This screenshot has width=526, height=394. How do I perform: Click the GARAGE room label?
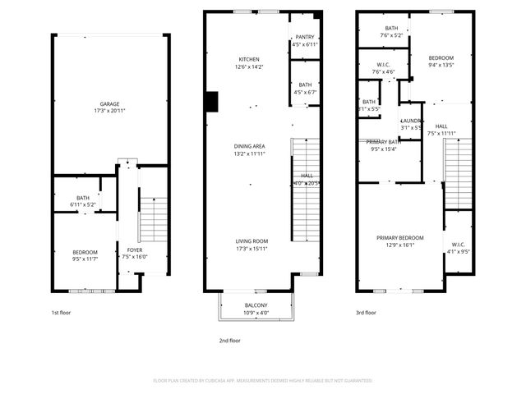110,103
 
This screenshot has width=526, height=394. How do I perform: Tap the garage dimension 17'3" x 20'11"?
110,110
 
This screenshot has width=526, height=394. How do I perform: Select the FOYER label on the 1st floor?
134,250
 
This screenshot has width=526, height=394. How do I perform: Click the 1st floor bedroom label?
85,252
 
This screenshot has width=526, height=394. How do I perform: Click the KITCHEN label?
249,60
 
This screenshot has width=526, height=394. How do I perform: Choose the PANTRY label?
304,38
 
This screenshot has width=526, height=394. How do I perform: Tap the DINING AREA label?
249,146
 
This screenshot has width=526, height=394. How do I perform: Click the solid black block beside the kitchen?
211,101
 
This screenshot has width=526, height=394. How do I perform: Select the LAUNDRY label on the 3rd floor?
411,121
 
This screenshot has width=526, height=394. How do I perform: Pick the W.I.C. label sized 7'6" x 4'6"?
383,65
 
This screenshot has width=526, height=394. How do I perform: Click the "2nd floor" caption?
229,340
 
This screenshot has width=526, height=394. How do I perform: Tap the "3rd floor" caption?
366,312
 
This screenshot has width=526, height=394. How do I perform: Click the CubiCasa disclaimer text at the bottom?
263,380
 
